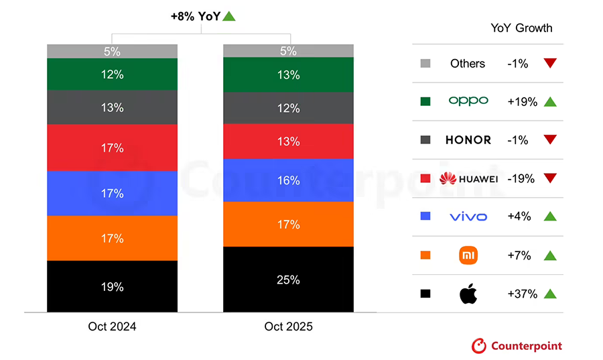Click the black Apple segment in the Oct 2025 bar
click(x=288, y=295)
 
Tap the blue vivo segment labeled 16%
click(x=288, y=180)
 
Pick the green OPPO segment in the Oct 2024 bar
click(x=112, y=74)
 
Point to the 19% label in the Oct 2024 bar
click(x=112, y=287)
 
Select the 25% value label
click(x=288, y=280)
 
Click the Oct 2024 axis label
click(x=112, y=327)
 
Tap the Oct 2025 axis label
click(x=288, y=327)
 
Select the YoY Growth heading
click(x=521, y=28)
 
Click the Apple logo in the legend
click(x=468, y=294)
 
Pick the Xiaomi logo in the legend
click(x=468, y=255)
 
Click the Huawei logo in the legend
click(x=448, y=178)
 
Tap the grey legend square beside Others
click(x=425, y=64)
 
